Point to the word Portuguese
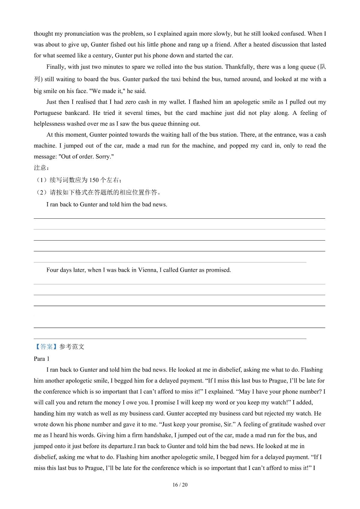click(x=48, y=113)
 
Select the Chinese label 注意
click(x=40, y=168)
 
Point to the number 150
click(x=94, y=180)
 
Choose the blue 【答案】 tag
click(x=46, y=347)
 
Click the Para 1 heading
click(x=42, y=359)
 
